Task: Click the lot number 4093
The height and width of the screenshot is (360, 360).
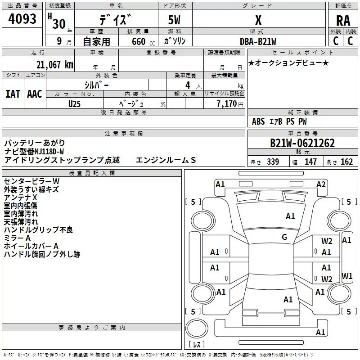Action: [x=22, y=18]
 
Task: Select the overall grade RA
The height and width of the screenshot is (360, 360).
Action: [x=343, y=21]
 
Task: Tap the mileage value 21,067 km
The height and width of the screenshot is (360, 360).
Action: [x=54, y=65]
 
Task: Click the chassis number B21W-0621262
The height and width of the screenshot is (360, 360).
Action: [x=302, y=143]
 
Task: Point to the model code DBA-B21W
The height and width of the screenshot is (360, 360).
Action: [x=258, y=41]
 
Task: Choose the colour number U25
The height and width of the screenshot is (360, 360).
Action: [x=74, y=104]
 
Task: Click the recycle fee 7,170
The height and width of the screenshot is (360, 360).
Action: [x=227, y=104]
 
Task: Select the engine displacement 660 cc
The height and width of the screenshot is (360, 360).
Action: [x=143, y=42]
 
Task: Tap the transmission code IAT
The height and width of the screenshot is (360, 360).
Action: [x=13, y=94]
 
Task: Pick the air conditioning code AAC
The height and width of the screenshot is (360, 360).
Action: [x=35, y=94]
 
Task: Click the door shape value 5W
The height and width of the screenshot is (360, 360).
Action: [x=174, y=20]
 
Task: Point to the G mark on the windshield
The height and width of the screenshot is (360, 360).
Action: [x=284, y=237]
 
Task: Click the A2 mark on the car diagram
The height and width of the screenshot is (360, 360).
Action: [x=321, y=184]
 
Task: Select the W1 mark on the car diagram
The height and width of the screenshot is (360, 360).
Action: [x=347, y=276]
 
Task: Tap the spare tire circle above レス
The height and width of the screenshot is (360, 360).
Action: [x=197, y=328]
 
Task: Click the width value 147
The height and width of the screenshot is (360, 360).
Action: [x=310, y=162]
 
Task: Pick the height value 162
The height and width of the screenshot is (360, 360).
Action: [x=346, y=162]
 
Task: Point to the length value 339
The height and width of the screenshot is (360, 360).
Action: [x=273, y=162]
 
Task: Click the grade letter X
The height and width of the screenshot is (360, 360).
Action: [x=258, y=20]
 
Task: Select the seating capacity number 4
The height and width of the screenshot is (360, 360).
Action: [x=188, y=85]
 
